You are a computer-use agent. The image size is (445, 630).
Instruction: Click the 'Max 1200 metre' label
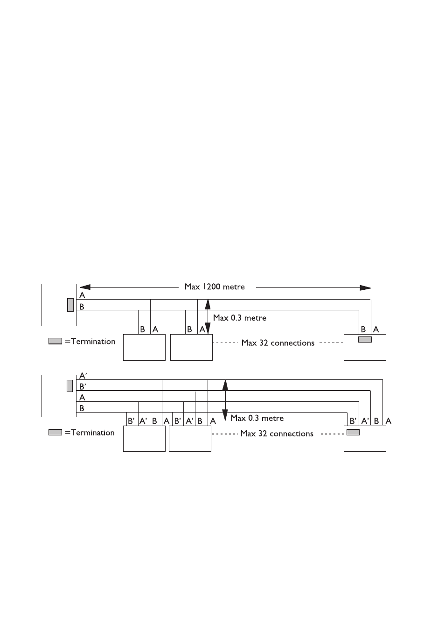[x=215, y=287]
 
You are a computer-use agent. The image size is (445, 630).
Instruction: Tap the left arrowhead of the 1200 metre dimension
[x=85, y=287]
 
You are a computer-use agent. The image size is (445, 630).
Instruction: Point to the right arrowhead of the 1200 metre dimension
[x=365, y=288]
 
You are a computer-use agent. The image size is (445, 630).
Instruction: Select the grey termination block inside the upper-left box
[x=70, y=305]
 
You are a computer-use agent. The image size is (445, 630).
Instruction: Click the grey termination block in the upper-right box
[x=365, y=339]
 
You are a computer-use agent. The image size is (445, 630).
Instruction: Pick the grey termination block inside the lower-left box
[x=70, y=385]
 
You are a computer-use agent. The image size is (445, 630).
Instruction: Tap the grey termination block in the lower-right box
[x=353, y=432]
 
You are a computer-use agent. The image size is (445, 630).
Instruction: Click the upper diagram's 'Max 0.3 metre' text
[x=239, y=318]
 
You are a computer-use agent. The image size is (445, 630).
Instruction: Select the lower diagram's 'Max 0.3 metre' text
[x=257, y=418]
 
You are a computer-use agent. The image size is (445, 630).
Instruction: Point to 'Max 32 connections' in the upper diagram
[x=278, y=343]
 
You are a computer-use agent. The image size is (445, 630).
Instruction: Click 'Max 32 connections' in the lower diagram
[x=277, y=434]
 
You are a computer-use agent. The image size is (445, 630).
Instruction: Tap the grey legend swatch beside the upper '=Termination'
[x=55, y=341]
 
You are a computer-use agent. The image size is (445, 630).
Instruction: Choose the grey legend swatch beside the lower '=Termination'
[x=55, y=432]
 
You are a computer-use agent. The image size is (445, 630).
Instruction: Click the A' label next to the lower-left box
[x=83, y=376]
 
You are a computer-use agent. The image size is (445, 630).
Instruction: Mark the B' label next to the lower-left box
[x=83, y=387]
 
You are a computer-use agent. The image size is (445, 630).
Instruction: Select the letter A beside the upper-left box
[x=82, y=295]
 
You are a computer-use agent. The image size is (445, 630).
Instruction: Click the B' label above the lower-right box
[x=353, y=421]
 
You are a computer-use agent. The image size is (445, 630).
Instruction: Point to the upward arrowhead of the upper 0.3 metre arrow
[x=208, y=304]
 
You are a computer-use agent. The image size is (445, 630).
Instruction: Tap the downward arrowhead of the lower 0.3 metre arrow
[x=225, y=415]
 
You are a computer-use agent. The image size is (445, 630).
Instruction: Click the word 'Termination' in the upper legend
[x=93, y=342]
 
